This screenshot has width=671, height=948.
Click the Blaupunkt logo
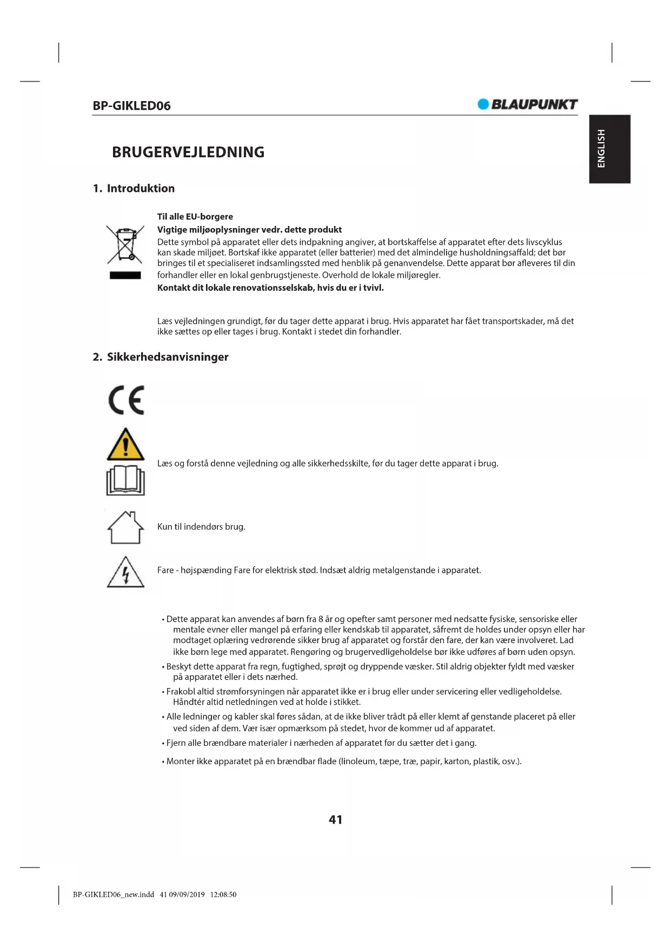point(528,104)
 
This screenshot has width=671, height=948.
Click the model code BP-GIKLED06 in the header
point(131,106)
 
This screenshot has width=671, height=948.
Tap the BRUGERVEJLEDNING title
point(188,152)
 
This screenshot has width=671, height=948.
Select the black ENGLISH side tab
point(609,149)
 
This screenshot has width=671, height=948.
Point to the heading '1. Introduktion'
point(134,189)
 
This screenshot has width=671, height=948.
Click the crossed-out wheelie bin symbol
point(125,245)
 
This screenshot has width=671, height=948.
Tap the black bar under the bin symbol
point(125,276)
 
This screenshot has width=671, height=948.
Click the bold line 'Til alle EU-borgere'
point(195,217)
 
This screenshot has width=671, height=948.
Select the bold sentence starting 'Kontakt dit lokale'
point(270,288)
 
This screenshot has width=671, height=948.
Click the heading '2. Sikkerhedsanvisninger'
point(161,357)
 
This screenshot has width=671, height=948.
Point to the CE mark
point(127,400)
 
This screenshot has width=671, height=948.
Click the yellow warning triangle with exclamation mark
point(125,445)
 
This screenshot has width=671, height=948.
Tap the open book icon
point(125,480)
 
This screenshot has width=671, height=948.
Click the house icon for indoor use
point(125,527)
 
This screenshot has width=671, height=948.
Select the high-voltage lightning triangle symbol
point(125,572)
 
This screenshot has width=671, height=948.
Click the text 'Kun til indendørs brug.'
point(201,527)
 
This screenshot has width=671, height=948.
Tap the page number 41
point(335,820)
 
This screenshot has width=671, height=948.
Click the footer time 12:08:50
point(223,894)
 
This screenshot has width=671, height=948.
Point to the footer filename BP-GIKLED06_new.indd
point(114,894)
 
